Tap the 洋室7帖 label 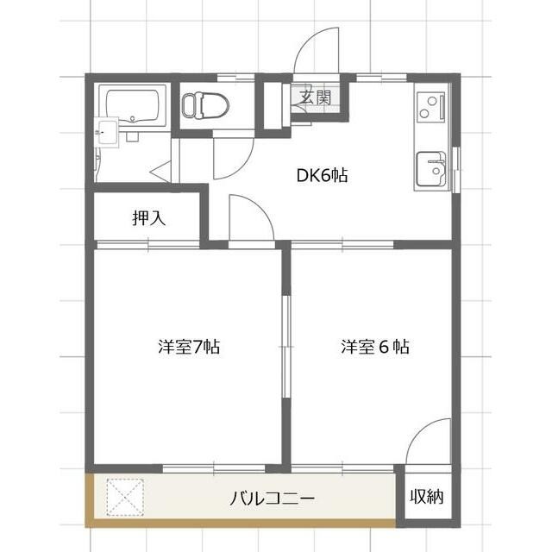[189, 348]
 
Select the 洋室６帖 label [374, 348]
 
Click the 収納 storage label [427, 498]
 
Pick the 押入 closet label [148, 217]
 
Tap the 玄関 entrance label [315, 97]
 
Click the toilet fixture [206, 105]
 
